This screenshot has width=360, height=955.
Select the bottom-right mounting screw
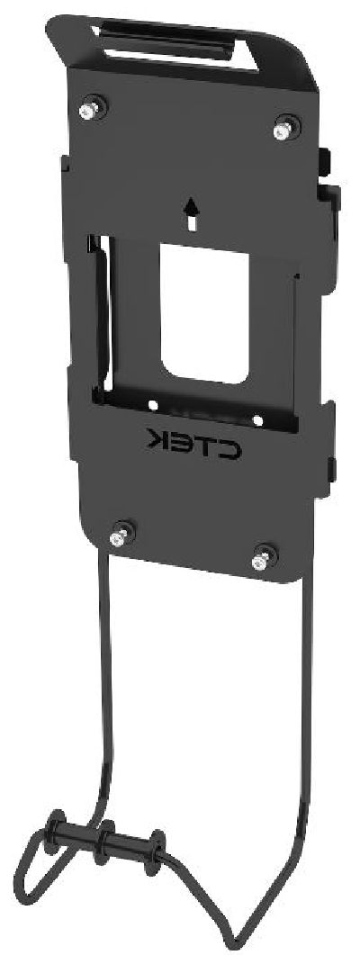[x=261, y=559]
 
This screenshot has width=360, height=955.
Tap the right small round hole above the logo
[x=257, y=419]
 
